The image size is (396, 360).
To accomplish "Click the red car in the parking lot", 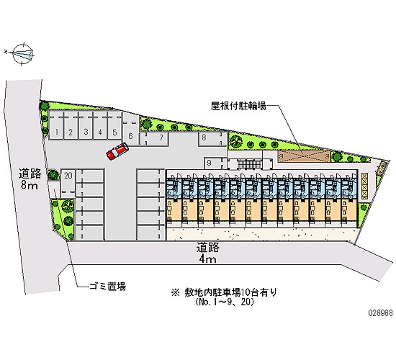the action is pyautogui.click(x=117, y=151).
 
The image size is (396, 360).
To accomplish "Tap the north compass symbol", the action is pyautogui.click(x=23, y=54).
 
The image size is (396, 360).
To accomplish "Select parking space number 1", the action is pyautogui.click(x=56, y=125).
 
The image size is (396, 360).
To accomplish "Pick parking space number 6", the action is pyautogui.click(x=130, y=129).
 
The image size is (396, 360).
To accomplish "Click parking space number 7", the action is pyautogui.click(x=154, y=139).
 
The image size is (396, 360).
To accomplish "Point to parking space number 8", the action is pyautogui.click(x=212, y=139).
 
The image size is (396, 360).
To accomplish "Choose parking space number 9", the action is pyautogui.click(x=215, y=163).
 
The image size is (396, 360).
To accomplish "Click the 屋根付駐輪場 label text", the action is pyautogui.click(x=238, y=106).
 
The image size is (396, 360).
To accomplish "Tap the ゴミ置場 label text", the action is pyautogui.click(x=108, y=287).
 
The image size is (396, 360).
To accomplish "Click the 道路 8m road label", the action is pyautogui.click(x=30, y=179).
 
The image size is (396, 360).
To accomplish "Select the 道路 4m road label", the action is pyautogui.click(x=207, y=253).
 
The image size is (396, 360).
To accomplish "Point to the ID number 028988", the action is pyautogui.click(x=381, y=313).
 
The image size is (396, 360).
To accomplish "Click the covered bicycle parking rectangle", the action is pyautogui.click(x=304, y=156).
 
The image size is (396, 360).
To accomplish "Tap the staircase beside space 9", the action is pyautogui.click(x=249, y=163).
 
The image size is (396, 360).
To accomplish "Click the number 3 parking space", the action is pyautogui.click(x=86, y=125).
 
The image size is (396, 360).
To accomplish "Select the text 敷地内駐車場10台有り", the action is pyautogui.click(x=230, y=292).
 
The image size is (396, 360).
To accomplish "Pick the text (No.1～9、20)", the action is pyautogui.click(x=224, y=302).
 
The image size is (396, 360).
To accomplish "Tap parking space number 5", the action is pyautogui.click(x=114, y=125).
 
